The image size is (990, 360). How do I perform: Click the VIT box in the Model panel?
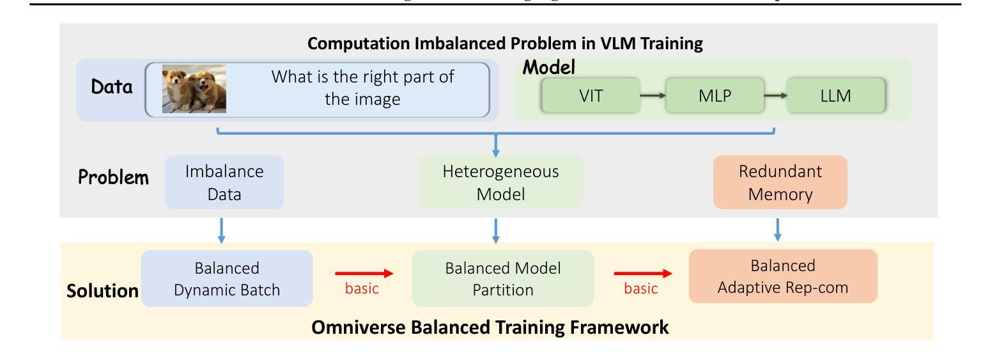pyautogui.click(x=591, y=96)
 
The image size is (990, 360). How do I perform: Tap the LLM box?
pyautogui.click(x=836, y=96)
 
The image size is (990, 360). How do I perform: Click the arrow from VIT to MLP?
pyautogui.click(x=653, y=96)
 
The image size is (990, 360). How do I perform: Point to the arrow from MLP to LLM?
pyautogui.click(x=775, y=96)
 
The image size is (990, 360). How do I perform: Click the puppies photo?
pyautogui.click(x=194, y=89)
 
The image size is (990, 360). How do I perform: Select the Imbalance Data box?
pyautogui.click(x=224, y=182)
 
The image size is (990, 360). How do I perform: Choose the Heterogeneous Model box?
pyautogui.click(x=500, y=182)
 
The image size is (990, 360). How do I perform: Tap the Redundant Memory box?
pyautogui.click(x=780, y=182)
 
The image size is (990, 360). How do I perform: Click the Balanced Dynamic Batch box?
pyautogui.click(x=227, y=278)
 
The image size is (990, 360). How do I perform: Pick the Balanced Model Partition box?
pyautogui.click(x=502, y=278)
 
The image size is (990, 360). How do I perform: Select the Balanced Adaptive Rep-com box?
pyautogui.click(x=783, y=276)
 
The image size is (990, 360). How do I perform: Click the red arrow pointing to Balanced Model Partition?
pyautogui.click(x=363, y=274)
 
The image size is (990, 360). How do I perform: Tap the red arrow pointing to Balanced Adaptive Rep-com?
pyautogui.click(x=643, y=274)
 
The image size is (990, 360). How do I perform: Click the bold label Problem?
pyautogui.click(x=114, y=178)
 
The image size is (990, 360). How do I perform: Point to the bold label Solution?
pyautogui.click(x=102, y=291)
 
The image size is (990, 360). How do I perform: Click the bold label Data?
pyautogui.click(x=112, y=88)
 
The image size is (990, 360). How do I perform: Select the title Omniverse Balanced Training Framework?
pyautogui.click(x=490, y=328)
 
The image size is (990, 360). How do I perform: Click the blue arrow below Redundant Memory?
pyautogui.click(x=777, y=230)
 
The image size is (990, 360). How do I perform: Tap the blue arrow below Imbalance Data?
pyautogui.click(x=222, y=230)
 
